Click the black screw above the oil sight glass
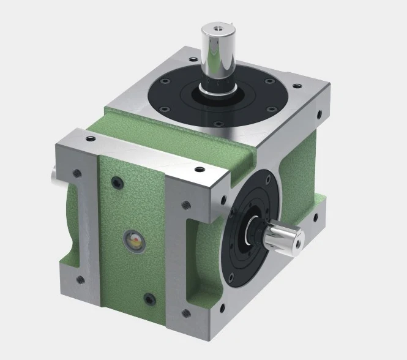click(117, 182)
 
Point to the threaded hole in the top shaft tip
click(218, 28)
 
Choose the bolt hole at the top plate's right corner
click(318, 113)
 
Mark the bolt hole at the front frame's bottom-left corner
click(79, 280)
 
